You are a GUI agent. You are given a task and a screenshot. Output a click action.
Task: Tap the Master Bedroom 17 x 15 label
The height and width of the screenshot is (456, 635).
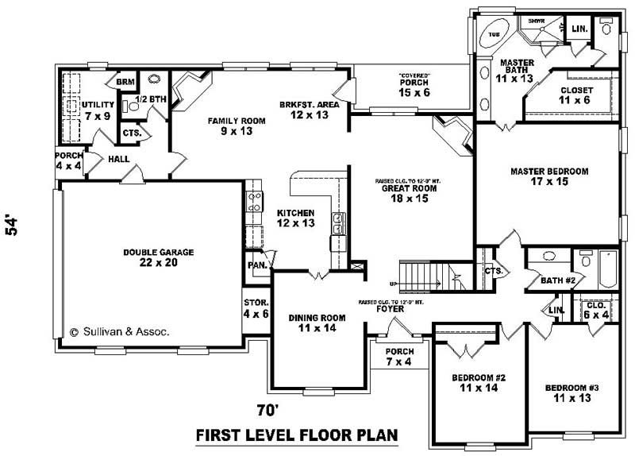pyautogui.click(x=548, y=176)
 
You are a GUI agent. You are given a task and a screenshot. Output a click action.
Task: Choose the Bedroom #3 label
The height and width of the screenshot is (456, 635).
pyautogui.click(x=571, y=392)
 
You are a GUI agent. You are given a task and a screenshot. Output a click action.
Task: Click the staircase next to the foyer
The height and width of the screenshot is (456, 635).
pyautogui.click(x=421, y=275)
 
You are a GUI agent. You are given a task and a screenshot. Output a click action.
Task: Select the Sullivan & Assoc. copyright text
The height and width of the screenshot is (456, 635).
pyautogui.click(x=120, y=333)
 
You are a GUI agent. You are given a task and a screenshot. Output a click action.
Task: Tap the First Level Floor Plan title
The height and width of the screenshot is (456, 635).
pyautogui.click(x=296, y=436)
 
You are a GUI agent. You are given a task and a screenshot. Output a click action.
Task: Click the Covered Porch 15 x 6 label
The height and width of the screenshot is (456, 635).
pyautogui.click(x=414, y=87)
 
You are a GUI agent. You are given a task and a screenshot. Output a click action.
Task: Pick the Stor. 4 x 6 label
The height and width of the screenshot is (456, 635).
pyautogui.click(x=256, y=308)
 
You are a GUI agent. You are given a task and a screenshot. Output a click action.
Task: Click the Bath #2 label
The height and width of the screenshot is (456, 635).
pyautogui.click(x=558, y=280)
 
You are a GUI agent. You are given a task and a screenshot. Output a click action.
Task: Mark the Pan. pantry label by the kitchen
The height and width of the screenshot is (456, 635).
pyautogui.click(x=257, y=265)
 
